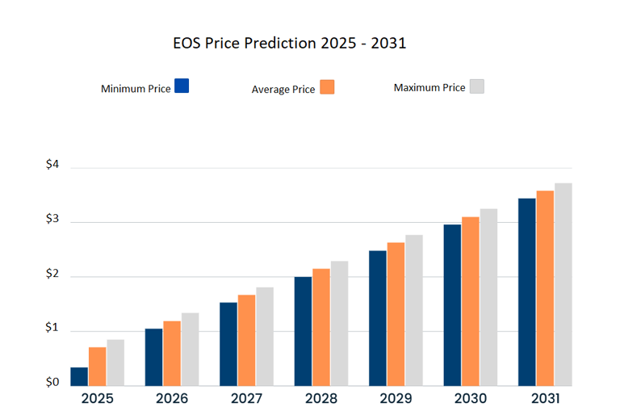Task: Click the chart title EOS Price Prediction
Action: [289, 43]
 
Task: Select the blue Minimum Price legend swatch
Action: [182, 86]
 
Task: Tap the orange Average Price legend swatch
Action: [327, 86]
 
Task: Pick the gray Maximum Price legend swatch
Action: [476, 86]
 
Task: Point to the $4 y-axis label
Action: [52, 165]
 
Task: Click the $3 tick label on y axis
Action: [52, 220]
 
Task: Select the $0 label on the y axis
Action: [52, 382]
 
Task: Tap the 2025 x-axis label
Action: [98, 399]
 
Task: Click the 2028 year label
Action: [321, 399]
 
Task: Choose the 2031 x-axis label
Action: [545, 399]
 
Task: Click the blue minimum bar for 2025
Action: [79, 376]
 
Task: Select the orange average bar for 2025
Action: [98, 366]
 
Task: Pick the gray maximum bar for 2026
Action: [191, 349]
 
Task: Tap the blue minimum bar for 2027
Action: [228, 344]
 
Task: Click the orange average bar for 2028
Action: [321, 327]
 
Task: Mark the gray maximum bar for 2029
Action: [414, 310]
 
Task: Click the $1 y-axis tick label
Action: [52, 328]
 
